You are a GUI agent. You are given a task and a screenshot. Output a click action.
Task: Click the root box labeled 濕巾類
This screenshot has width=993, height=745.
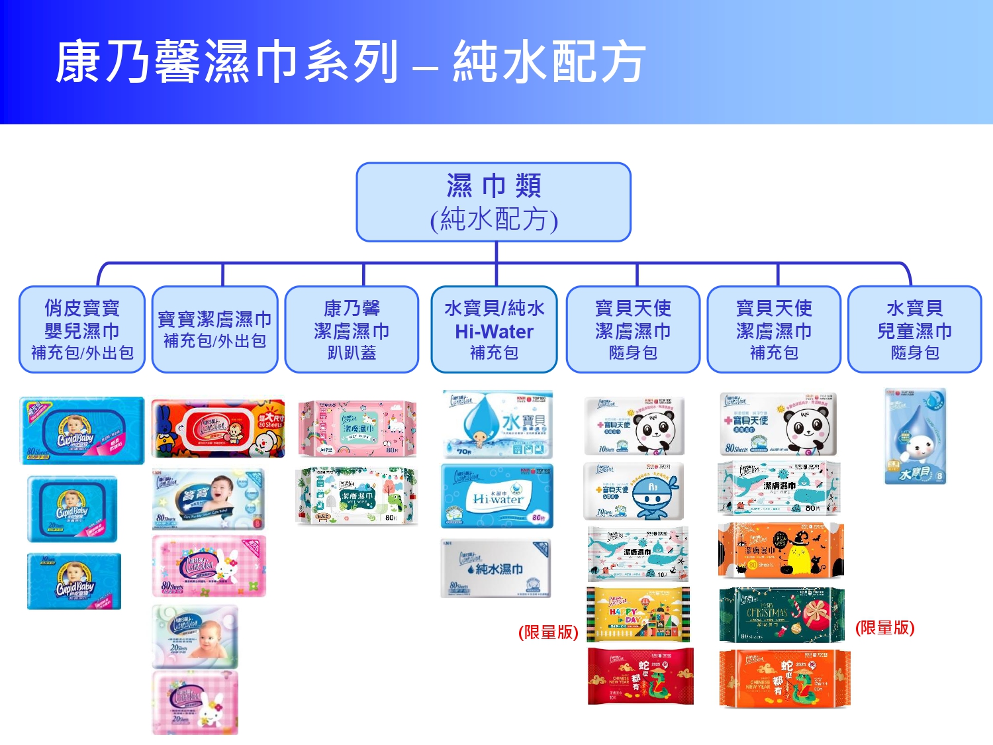coord(493,202)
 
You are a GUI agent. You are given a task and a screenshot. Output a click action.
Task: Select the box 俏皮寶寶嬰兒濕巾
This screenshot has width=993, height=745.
coord(82,330)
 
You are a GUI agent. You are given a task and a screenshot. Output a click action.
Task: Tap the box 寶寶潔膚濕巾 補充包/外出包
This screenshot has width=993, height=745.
coord(214,330)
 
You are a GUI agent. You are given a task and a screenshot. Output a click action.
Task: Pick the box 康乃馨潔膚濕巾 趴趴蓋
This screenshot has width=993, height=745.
coord(352,330)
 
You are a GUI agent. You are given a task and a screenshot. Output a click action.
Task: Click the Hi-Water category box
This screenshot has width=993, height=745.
coord(494,330)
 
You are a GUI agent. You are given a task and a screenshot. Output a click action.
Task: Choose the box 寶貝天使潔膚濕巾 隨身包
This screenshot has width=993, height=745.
coord(633,330)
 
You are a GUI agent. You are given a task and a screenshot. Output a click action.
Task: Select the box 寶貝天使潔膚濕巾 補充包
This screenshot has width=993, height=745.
coord(774,330)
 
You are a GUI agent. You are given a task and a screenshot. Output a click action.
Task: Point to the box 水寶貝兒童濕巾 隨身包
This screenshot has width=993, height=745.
coord(915,330)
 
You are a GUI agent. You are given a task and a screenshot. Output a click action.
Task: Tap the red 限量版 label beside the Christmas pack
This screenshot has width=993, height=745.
coord(884,628)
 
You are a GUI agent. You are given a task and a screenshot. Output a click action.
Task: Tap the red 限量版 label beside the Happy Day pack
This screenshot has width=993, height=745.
coord(548,632)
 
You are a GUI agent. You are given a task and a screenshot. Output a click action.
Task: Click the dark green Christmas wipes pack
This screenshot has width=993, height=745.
coord(782,615)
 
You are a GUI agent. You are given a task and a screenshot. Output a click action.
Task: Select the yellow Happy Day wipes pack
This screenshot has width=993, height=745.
coord(638,615)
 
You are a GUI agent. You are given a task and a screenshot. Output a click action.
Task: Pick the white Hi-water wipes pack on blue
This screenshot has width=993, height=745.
coord(496,496)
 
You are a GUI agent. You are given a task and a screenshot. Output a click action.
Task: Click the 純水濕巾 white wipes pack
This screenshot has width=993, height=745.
coord(495,569)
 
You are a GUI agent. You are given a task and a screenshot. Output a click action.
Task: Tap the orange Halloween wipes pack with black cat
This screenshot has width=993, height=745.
coord(781,550)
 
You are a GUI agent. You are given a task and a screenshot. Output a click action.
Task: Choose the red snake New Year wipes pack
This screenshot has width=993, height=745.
coord(640,676)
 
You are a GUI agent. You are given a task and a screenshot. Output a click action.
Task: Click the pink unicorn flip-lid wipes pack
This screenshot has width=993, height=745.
coord(357,428)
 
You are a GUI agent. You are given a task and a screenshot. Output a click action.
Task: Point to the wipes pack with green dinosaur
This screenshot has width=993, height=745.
coord(357,496)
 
